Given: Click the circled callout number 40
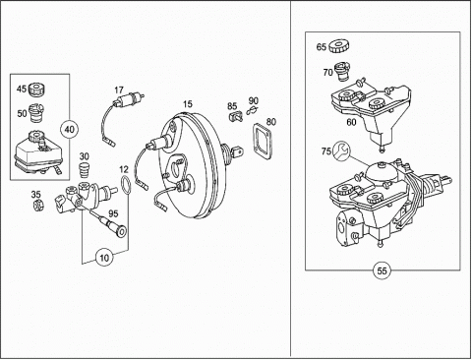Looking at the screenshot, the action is tap(70, 130).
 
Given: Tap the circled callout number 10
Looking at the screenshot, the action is tap(104, 258).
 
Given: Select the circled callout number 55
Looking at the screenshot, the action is tap(383, 270).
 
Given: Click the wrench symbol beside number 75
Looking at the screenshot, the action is tap(341, 150).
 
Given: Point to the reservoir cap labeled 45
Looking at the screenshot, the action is tap(36, 90).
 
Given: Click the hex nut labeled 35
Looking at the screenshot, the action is tap(38, 205).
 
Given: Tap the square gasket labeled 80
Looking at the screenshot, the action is tap(263, 142).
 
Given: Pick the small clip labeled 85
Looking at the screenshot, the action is tap(235, 116).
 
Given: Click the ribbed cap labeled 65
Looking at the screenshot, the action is tap(338, 46).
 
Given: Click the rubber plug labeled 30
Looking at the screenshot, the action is tap(85, 169).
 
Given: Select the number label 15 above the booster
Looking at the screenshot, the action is tap(188, 104).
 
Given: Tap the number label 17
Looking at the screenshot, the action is tap(119, 90).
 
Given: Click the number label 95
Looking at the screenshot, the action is tap(113, 213).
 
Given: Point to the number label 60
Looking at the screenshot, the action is tap(351, 122).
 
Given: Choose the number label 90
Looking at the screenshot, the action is tap(253, 100).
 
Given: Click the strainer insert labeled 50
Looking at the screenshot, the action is tap(36, 112).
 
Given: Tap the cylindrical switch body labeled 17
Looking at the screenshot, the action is tap(130, 98).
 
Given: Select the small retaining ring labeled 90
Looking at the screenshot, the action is tap(252, 110).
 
